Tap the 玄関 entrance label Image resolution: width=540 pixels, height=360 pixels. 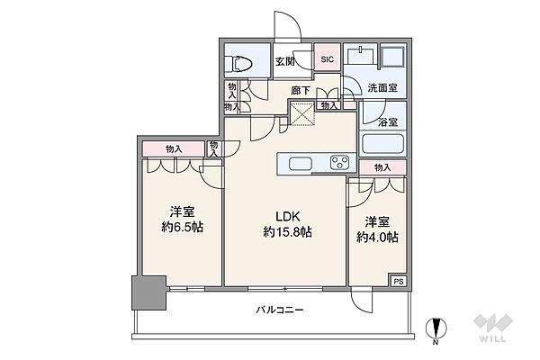284,62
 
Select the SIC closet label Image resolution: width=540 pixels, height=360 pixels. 328,59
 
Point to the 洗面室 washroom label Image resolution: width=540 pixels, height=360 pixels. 382,88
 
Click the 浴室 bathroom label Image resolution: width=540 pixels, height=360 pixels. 388,122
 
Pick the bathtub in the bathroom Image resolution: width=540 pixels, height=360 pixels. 382,144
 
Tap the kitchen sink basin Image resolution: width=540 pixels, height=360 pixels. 301,163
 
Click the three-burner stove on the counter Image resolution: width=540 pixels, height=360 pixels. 339,163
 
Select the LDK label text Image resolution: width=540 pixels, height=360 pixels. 288,217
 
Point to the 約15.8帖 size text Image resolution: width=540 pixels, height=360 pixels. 288,232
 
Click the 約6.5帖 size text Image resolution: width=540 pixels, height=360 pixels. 182,228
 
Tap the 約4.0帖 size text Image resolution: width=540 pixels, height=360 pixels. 377,238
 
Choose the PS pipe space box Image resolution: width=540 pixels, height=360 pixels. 399,281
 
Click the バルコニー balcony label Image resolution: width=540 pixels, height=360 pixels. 279,310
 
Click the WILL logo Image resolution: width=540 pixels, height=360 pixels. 493,328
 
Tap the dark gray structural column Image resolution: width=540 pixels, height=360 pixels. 149,292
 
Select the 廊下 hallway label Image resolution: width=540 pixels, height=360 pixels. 301,91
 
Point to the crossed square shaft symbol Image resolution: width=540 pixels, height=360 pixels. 301,113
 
